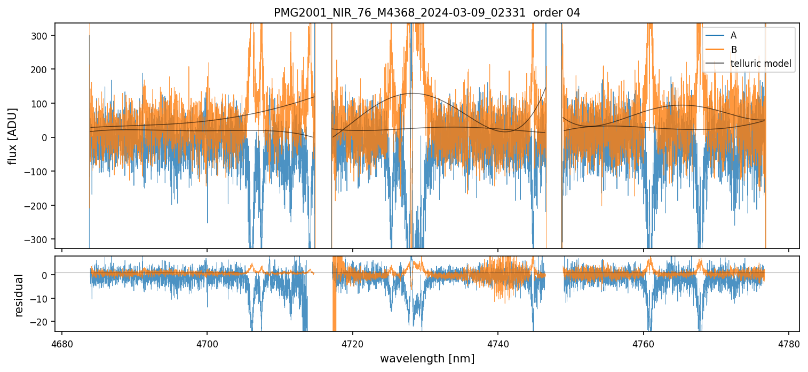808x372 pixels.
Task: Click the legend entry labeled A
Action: [x=733, y=35]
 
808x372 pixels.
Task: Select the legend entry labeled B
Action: [x=733, y=50]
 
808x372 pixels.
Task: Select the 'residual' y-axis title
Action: [x=19, y=295]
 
